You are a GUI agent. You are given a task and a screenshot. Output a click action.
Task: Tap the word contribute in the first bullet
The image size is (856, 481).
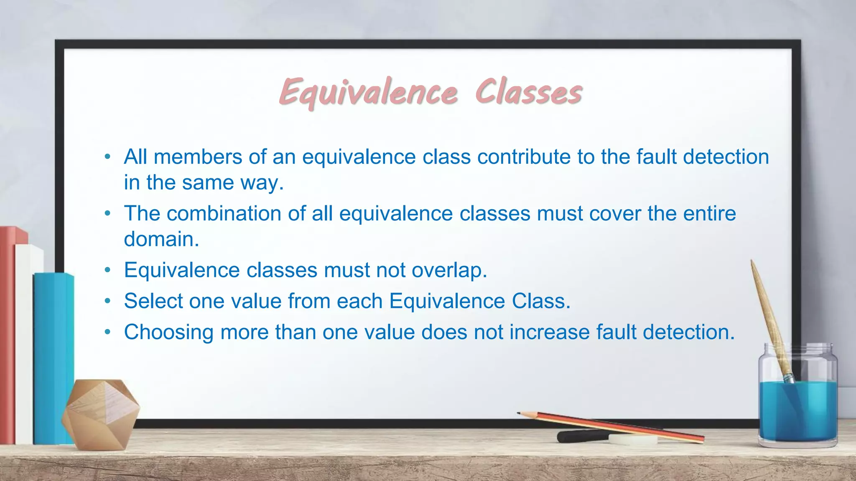(524, 157)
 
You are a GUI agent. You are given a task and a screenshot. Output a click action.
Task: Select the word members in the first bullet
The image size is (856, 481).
(198, 157)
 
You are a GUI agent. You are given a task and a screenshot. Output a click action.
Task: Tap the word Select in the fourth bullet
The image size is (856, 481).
(153, 301)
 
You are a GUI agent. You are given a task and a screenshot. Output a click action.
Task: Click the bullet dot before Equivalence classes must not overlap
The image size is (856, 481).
(108, 270)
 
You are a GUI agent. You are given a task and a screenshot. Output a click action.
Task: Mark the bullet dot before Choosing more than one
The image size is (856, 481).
(108, 332)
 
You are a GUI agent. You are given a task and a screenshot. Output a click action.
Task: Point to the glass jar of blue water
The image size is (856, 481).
(798, 401)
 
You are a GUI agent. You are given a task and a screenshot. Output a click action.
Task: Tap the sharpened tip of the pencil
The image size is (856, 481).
(520, 413)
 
